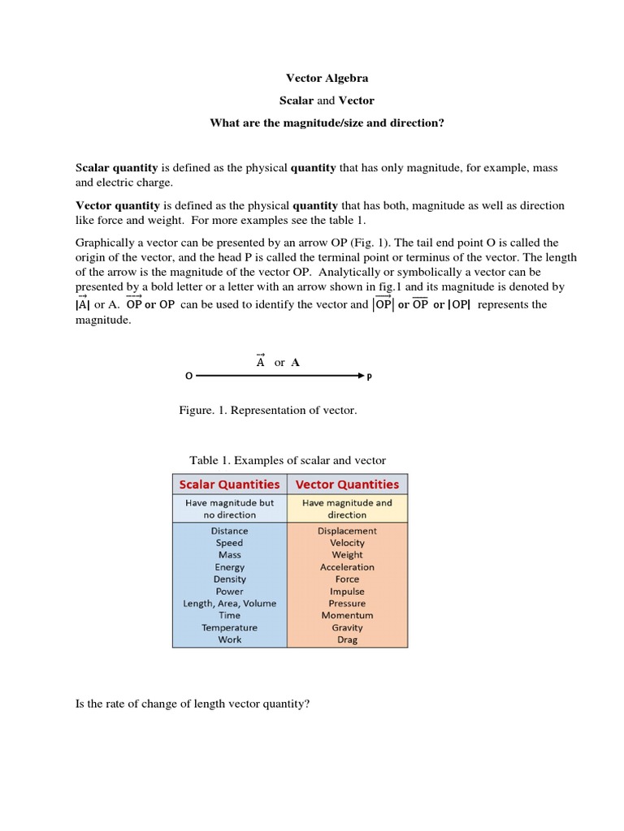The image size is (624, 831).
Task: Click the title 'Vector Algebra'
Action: pos(327,78)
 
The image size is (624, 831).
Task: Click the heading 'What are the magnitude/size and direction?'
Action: pos(327,123)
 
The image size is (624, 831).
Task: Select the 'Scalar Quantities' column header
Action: pos(229,484)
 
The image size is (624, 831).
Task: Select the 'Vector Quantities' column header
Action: pos(347,484)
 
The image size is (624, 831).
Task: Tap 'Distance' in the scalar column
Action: pos(229,531)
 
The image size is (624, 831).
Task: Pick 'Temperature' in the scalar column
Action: pos(229,627)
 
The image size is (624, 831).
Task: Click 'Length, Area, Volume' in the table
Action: pos(229,603)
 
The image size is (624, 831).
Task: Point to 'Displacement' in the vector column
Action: pos(347,531)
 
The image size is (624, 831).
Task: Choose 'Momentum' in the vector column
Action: pos(347,615)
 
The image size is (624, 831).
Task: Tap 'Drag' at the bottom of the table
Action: pos(347,639)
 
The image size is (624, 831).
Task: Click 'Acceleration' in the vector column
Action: pos(347,567)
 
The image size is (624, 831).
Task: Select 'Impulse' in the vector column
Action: pos(347,592)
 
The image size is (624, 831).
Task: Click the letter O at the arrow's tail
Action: pos(188,377)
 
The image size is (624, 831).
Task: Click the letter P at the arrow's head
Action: pos(370,377)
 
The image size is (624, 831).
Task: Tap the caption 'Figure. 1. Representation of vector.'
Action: pos(268,411)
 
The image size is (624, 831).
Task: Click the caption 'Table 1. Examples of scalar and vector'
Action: pos(288,460)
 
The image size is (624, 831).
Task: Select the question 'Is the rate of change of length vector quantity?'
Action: pos(193,704)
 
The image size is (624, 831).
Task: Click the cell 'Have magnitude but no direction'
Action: pos(229,509)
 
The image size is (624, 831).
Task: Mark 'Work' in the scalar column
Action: pos(229,639)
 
